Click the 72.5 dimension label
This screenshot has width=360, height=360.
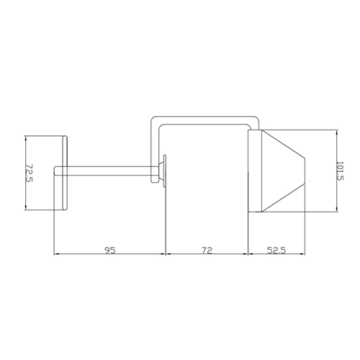click(x=29, y=173)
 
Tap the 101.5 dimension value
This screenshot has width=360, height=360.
click(x=340, y=171)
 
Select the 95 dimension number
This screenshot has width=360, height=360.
click(x=110, y=251)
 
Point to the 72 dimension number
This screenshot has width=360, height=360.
click(x=207, y=251)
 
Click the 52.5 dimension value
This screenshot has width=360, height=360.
click(x=276, y=251)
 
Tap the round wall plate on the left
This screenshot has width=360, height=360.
click(x=65, y=173)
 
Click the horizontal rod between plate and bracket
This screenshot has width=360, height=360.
click(x=107, y=171)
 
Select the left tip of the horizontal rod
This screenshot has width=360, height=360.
click(x=54, y=171)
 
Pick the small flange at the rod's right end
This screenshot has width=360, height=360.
click(x=163, y=171)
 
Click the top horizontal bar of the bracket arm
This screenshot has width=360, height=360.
click(x=205, y=120)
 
